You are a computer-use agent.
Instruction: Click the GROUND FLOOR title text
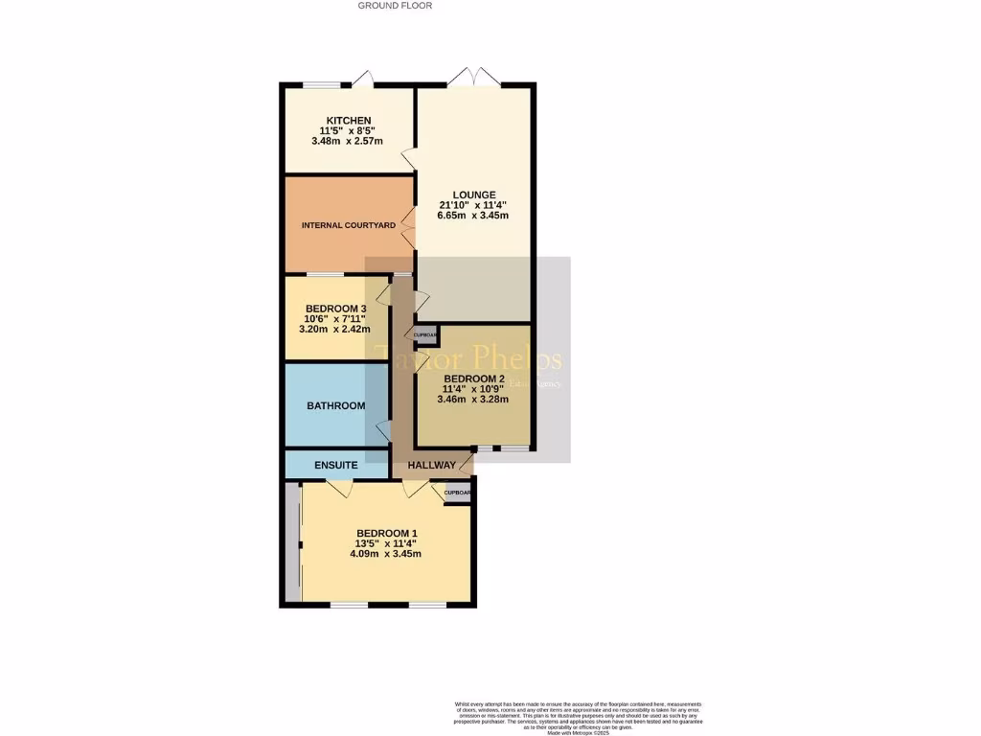(395, 6)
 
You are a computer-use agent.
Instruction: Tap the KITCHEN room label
(347, 120)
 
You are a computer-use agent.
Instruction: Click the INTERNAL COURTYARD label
(349, 225)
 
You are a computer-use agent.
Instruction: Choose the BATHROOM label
(335, 406)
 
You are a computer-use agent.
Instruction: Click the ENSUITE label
(335, 466)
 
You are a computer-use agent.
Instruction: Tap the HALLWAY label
(431, 466)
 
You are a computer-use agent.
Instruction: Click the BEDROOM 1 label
(387, 533)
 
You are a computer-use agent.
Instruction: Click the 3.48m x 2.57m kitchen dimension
(347, 142)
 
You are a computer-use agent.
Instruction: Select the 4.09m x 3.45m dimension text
(387, 554)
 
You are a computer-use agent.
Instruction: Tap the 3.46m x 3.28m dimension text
(472, 400)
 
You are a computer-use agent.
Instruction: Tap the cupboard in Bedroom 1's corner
(458, 494)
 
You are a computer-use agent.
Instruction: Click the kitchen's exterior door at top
(362, 79)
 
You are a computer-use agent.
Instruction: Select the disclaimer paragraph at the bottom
(579, 717)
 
